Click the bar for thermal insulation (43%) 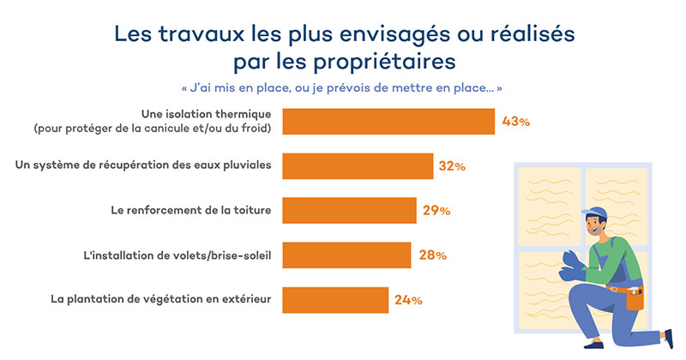pyautogui.click(x=388, y=122)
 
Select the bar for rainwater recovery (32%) pyautogui.click(x=358, y=166)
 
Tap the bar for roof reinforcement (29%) pyautogui.click(x=349, y=210)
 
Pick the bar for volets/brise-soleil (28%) pyautogui.click(x=346, y=255)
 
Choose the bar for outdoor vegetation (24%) pyautogui.click(x=335, y=300)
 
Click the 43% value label pyautogui.click(x=516, y=122)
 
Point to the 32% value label pyautogui.click(x=452, y=166)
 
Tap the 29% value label pyautogui.click(x=436, y=210)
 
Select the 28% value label pyautogui.click(x=431, y=255)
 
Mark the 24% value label pyautogui.click(x=408, y=300)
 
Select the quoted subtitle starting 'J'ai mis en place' pyautogui.click(x=342, y=88)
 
